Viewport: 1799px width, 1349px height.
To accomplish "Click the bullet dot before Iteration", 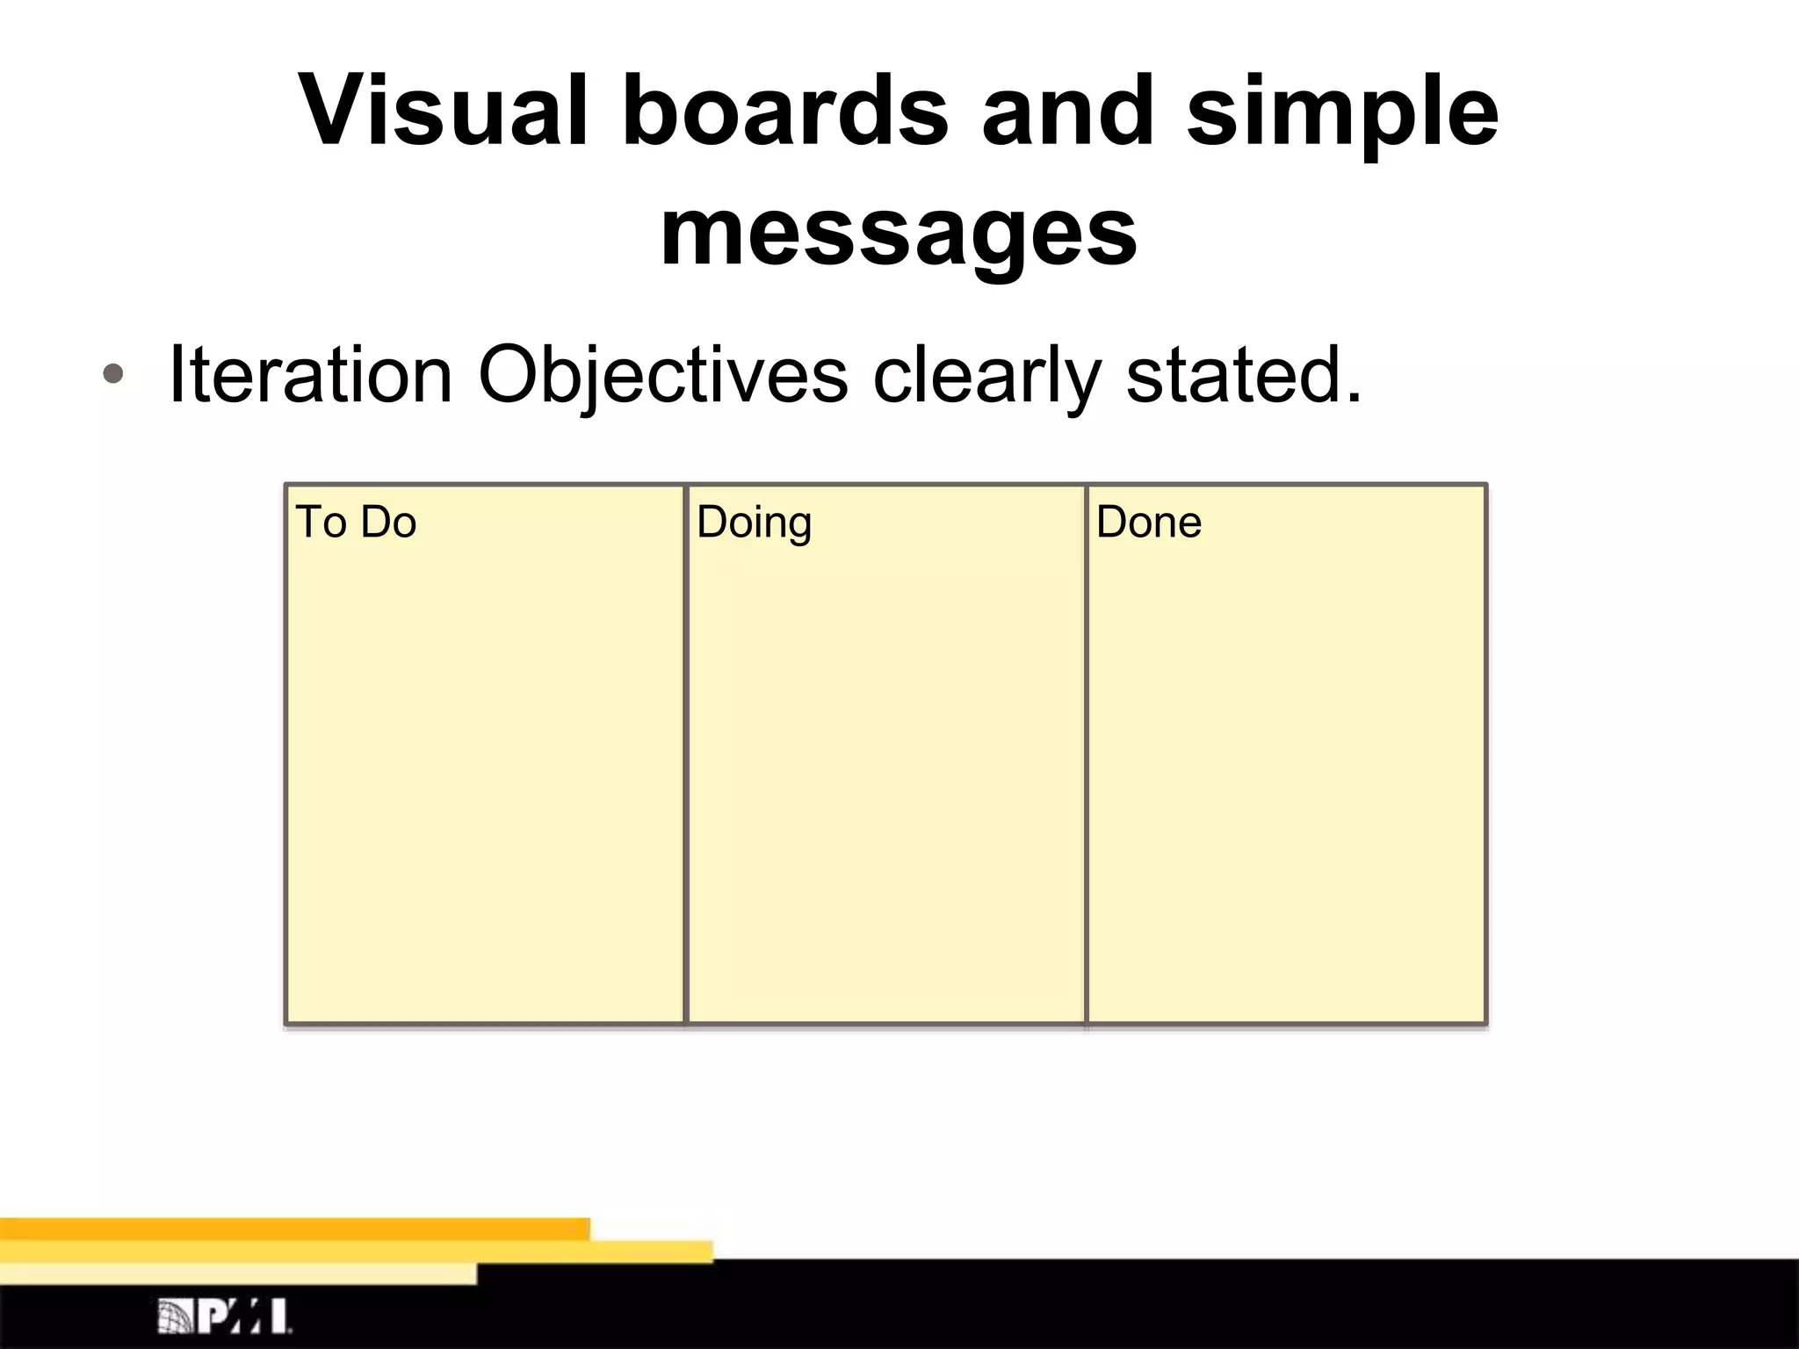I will pos(112,376).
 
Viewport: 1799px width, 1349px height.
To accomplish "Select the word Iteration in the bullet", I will pos(309,375).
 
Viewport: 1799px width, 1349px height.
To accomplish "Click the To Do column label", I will pos(356,522).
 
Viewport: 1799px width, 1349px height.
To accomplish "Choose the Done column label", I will pos(1148,522).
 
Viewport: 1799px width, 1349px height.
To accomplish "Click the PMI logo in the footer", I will pos(225,1315).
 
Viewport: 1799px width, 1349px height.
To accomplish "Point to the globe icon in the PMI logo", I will pos(175,1315).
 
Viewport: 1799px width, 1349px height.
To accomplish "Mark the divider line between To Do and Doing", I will pos(684,755).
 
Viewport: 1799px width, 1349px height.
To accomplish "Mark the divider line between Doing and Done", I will pos(1086,755).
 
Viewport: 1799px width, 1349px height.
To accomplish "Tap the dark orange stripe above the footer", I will pos(294,1229).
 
